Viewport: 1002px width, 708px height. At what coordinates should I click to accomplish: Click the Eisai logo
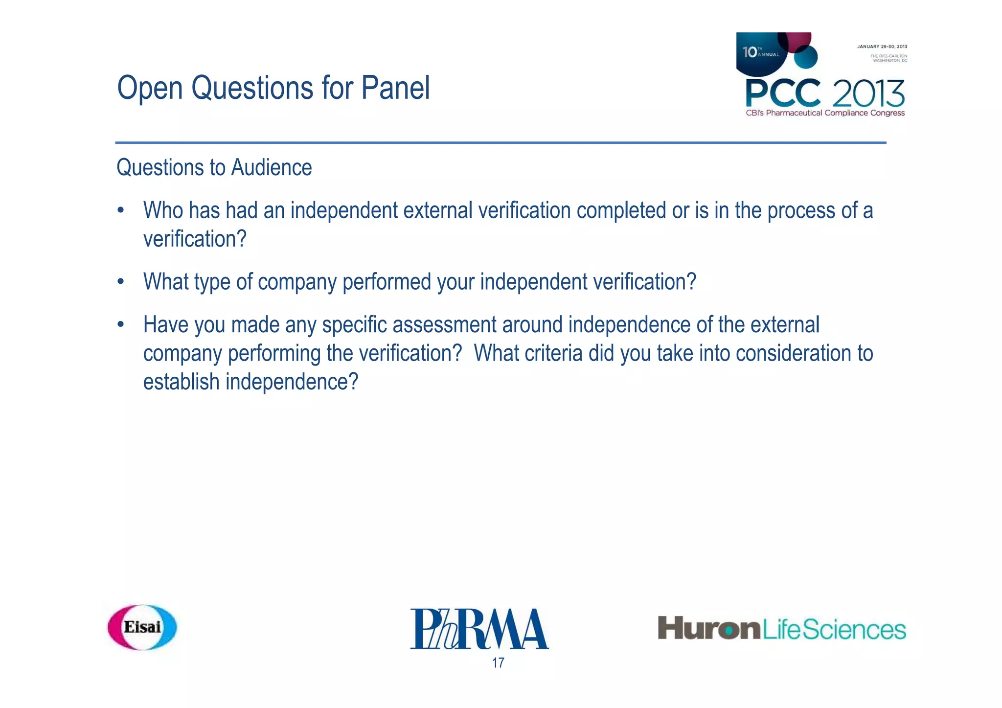[142, 627]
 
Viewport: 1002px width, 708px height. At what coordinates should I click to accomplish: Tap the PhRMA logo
[479, 629]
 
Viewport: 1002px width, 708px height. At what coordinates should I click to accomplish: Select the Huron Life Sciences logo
[781, 629]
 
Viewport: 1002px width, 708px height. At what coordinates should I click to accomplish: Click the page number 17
[498, 663]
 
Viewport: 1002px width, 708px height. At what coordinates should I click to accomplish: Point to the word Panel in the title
[395, 88]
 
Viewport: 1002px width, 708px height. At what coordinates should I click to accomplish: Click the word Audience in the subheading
[272, 168]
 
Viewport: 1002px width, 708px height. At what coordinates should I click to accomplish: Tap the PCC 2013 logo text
[824, 93]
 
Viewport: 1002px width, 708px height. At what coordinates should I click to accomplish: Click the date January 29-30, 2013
[882, 47]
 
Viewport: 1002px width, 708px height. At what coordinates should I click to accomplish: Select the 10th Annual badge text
[760, 52]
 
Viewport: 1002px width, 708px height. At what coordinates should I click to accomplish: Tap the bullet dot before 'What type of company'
[121, 282]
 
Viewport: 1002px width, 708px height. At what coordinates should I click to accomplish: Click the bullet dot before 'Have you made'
[121, 325]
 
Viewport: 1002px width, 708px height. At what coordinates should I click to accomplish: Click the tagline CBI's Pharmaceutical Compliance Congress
[825, 113]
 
